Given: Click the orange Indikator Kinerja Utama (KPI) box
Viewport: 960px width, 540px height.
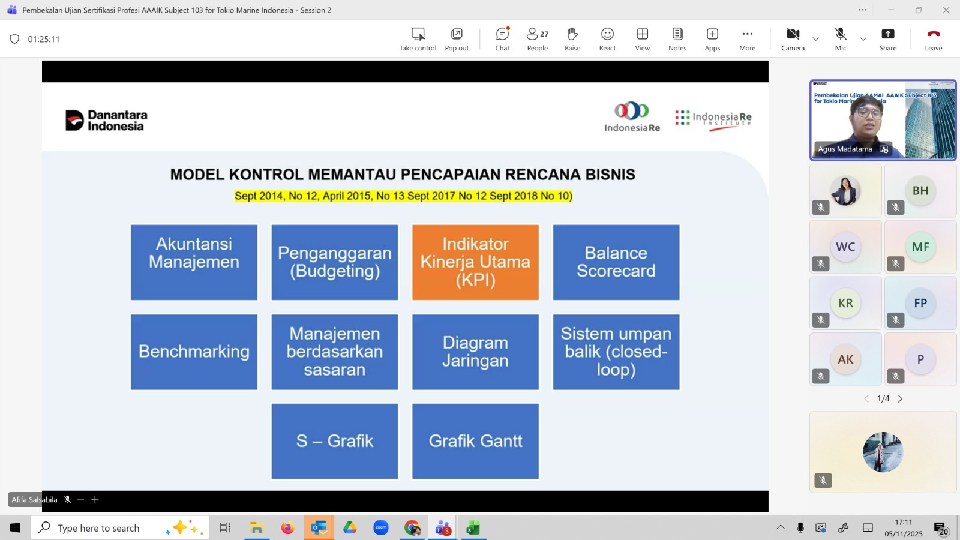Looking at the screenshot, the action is (x=475, y=262).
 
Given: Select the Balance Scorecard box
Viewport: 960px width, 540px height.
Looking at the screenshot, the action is (x=616, y=262).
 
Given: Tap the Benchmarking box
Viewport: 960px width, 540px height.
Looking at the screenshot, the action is (x=194, y=352).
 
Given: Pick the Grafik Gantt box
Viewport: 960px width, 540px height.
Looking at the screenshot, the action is (x=475, y=441).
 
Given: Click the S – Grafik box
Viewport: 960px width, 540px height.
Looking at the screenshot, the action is (x=335, y=441).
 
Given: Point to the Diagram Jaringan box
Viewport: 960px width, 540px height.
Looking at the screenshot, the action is (x=475, y=352).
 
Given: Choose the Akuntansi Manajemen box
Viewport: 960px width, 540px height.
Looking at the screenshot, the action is (x=194, y=262).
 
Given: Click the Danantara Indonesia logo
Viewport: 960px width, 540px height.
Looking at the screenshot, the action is (x=106, y=120).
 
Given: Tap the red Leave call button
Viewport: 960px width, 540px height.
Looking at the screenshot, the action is (x=933, y=39).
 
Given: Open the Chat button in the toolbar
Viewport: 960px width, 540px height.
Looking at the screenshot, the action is (x=502, y=39).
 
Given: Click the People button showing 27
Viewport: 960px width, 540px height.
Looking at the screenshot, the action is (x=538, y=39).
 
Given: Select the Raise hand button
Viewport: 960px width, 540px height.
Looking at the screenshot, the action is (x=572, y=39).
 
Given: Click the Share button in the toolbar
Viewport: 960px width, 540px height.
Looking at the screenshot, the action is (x=887, y=39).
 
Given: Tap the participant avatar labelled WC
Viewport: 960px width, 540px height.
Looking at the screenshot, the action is (x=845, y=247).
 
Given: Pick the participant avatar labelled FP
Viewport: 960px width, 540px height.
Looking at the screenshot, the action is (x=920, y=303).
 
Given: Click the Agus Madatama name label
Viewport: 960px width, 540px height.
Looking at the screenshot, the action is (x=845, y=149).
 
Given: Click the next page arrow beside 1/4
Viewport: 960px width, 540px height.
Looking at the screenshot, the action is (x=900, y=398).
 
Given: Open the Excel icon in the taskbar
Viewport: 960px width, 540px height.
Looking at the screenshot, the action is (x=473, y=528).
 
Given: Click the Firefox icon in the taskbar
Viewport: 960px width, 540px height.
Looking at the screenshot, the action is (x=287, y=528).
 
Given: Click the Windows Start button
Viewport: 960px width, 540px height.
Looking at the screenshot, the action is (x=15, y=528).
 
